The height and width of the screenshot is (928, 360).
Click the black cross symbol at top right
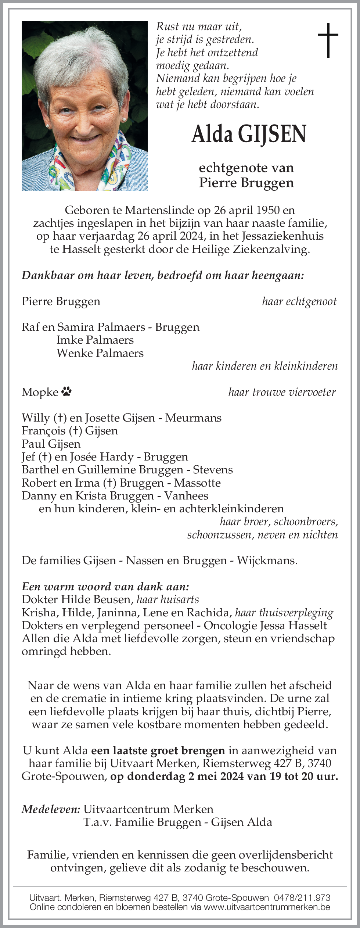pos(328,40)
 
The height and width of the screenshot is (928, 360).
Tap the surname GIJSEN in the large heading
pos(272,135)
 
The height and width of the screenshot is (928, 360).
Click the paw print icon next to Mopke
pos(66,392)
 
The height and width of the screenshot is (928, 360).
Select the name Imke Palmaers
pos(95,340)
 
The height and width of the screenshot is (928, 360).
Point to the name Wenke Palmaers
pos(100,353)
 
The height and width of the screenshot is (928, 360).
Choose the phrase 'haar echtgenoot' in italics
pos(299,301)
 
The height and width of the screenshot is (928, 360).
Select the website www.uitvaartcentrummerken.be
pos(267,907)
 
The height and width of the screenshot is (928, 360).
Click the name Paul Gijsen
pos(51,444)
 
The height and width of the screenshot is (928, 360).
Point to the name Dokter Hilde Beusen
pos(76,599)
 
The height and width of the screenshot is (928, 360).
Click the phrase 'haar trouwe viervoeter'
pos(282,392)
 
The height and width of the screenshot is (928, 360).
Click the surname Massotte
pos(197,483)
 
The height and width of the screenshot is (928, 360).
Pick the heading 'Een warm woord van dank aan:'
pos(105,586)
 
